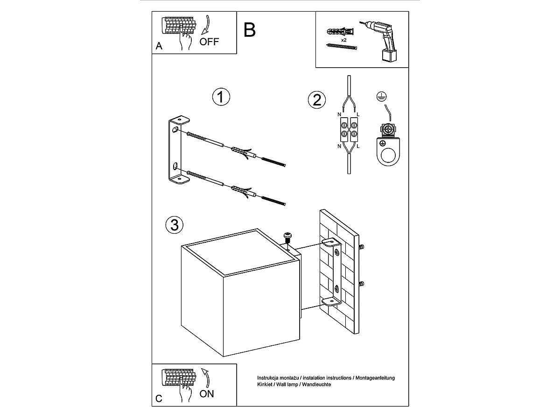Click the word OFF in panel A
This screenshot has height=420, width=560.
point(209,42)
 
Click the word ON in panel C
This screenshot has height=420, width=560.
point(207,394)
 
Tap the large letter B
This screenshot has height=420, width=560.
point(249,30)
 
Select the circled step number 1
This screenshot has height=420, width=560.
point(221,97)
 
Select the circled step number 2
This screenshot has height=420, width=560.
point(316,100)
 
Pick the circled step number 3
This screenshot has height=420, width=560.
point(175,225)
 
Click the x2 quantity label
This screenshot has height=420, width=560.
point(343,40)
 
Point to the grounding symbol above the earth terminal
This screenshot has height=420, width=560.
point(381,97)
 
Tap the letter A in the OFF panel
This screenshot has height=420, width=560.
point(159,46)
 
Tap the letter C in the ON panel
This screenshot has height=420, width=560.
point(159,399)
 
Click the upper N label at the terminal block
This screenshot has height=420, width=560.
point(339,114)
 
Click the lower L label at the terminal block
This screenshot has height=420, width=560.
point(358,147)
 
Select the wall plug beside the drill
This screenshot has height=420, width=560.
point(340,32)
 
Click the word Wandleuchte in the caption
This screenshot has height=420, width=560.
point(316,384)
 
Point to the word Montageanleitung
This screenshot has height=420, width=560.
point(375,378)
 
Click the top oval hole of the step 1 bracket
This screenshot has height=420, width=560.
point(175,130)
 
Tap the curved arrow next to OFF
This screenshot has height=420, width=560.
point(206,25)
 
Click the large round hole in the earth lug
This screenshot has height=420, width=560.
point(388,155)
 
